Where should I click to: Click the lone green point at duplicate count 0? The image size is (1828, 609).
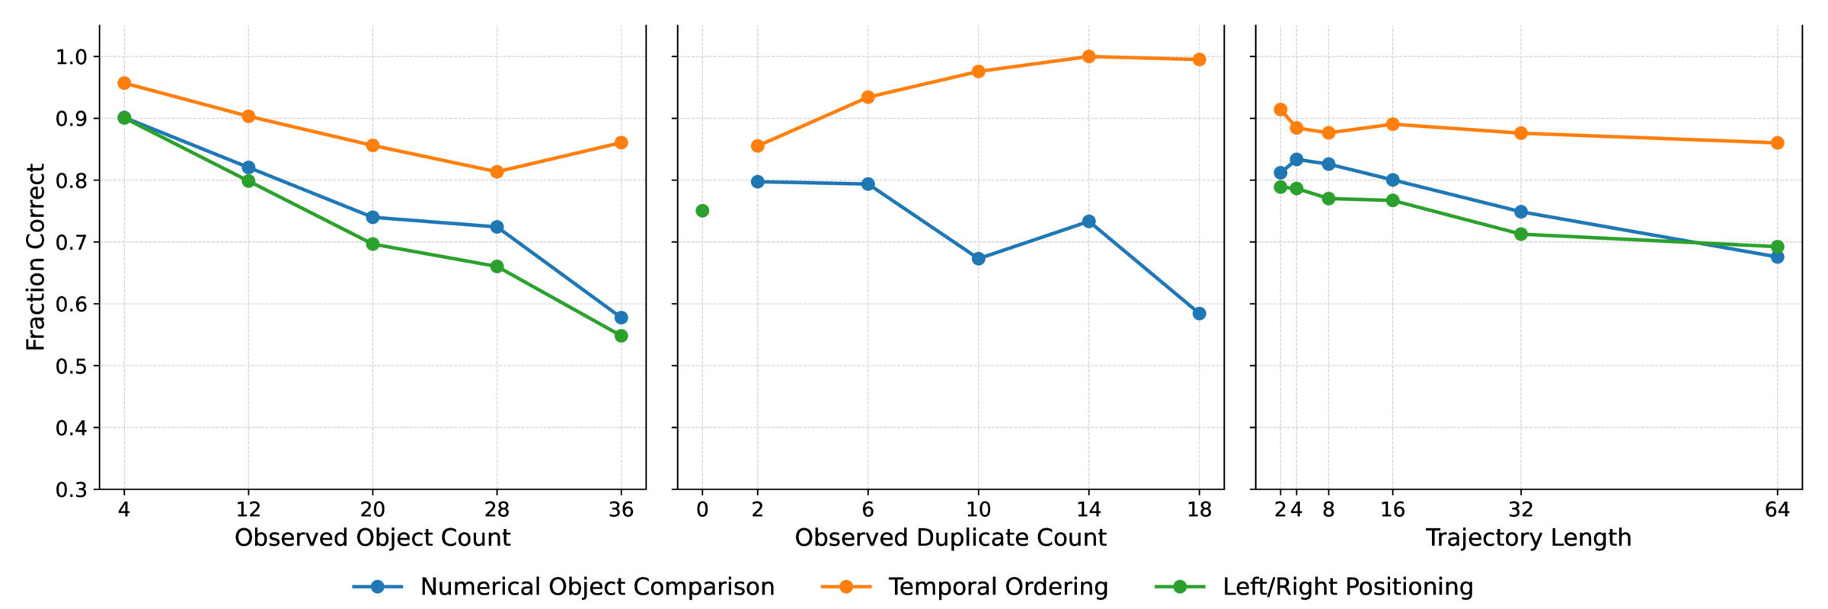point(702,211)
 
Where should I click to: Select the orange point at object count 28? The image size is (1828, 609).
point(497,172)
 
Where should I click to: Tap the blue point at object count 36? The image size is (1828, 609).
point(621,317)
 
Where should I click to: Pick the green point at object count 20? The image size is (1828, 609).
point(372,244)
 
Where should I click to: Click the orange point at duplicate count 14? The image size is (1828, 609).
point(1088,56)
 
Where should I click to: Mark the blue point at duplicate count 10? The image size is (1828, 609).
point(979,259)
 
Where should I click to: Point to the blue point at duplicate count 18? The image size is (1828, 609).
point(1199,314)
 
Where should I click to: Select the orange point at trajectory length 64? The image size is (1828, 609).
point(1777,143)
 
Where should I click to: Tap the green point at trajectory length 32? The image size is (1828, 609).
point(1521,234)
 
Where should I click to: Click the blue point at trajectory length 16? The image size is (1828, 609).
point(1392,180)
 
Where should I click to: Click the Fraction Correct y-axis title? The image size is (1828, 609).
point(35,257)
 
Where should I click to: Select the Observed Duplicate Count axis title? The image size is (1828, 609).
point(950,538)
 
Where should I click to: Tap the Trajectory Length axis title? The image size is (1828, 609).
point(1528,538)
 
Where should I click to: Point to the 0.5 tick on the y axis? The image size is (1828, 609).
point(72,366)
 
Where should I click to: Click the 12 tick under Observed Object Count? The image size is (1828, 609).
point(248,509)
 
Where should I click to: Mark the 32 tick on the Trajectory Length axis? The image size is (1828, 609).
point(1521,509)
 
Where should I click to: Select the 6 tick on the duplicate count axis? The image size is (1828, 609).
point(868,509)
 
